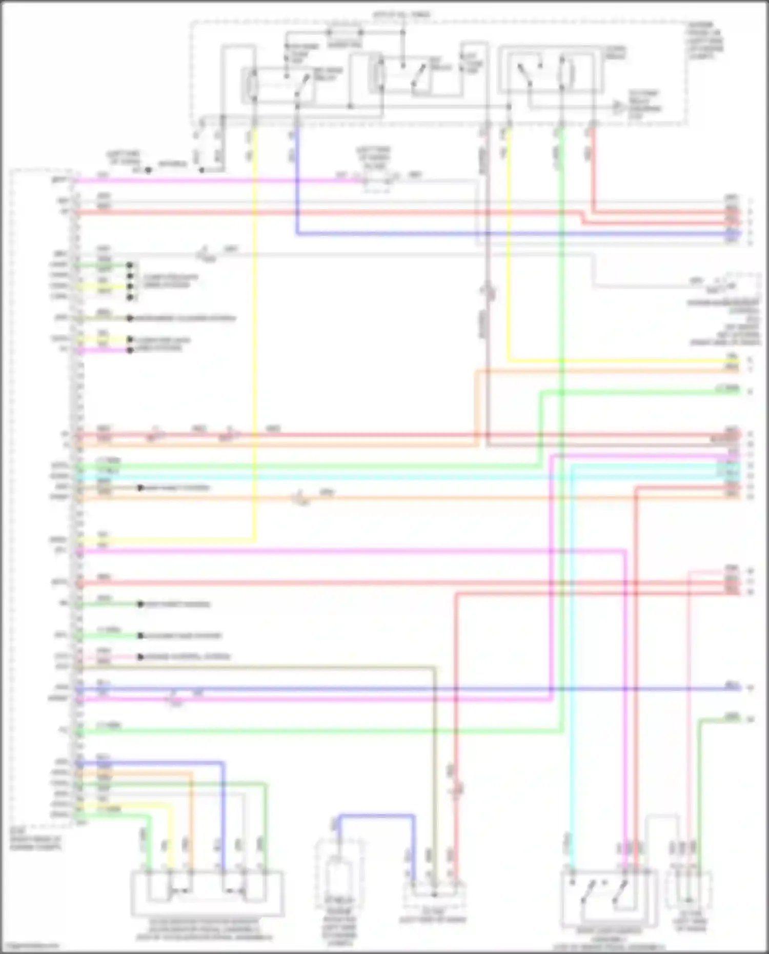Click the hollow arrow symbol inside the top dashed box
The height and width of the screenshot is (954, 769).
click(619, 107)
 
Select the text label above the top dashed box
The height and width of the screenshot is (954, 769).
click(402, 15)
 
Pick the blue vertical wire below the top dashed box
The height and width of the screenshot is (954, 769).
click(297, 179)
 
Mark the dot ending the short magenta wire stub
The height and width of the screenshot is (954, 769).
click(130, 350)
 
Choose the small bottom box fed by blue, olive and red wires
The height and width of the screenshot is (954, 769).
click(434, 895)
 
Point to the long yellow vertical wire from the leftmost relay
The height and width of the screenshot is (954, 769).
click(254, 333)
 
